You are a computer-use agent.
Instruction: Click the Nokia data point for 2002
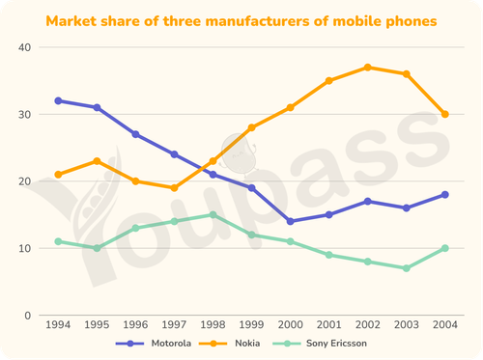(x=368, y=68)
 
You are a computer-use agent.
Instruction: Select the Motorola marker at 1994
(x=58, y=100)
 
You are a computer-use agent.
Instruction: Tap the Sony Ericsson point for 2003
(x=407, y=268)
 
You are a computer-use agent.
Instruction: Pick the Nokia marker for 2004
(x=445, y=114)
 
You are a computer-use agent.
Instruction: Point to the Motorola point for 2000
(x=290, y=221)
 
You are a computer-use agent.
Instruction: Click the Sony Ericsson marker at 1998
(x=213, y=214)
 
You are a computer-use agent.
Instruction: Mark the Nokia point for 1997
(x=174, y=188)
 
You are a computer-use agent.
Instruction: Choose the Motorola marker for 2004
(x=445, y=195)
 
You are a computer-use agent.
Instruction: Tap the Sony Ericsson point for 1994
(x=58, y=241)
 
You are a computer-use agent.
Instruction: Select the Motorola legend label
(x=171, y=344)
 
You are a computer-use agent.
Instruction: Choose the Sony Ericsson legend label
(x=336, y=344)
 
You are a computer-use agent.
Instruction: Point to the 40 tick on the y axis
(x=25, y=47)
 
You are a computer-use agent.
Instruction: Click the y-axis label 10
(x=25, y=248)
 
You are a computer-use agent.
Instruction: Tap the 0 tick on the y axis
(x=28, y=316)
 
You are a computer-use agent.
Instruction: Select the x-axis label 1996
(x=135, y=324)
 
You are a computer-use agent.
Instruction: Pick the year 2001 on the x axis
(x=328, y=324)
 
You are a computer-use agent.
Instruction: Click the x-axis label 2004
(x=445, y=324)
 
